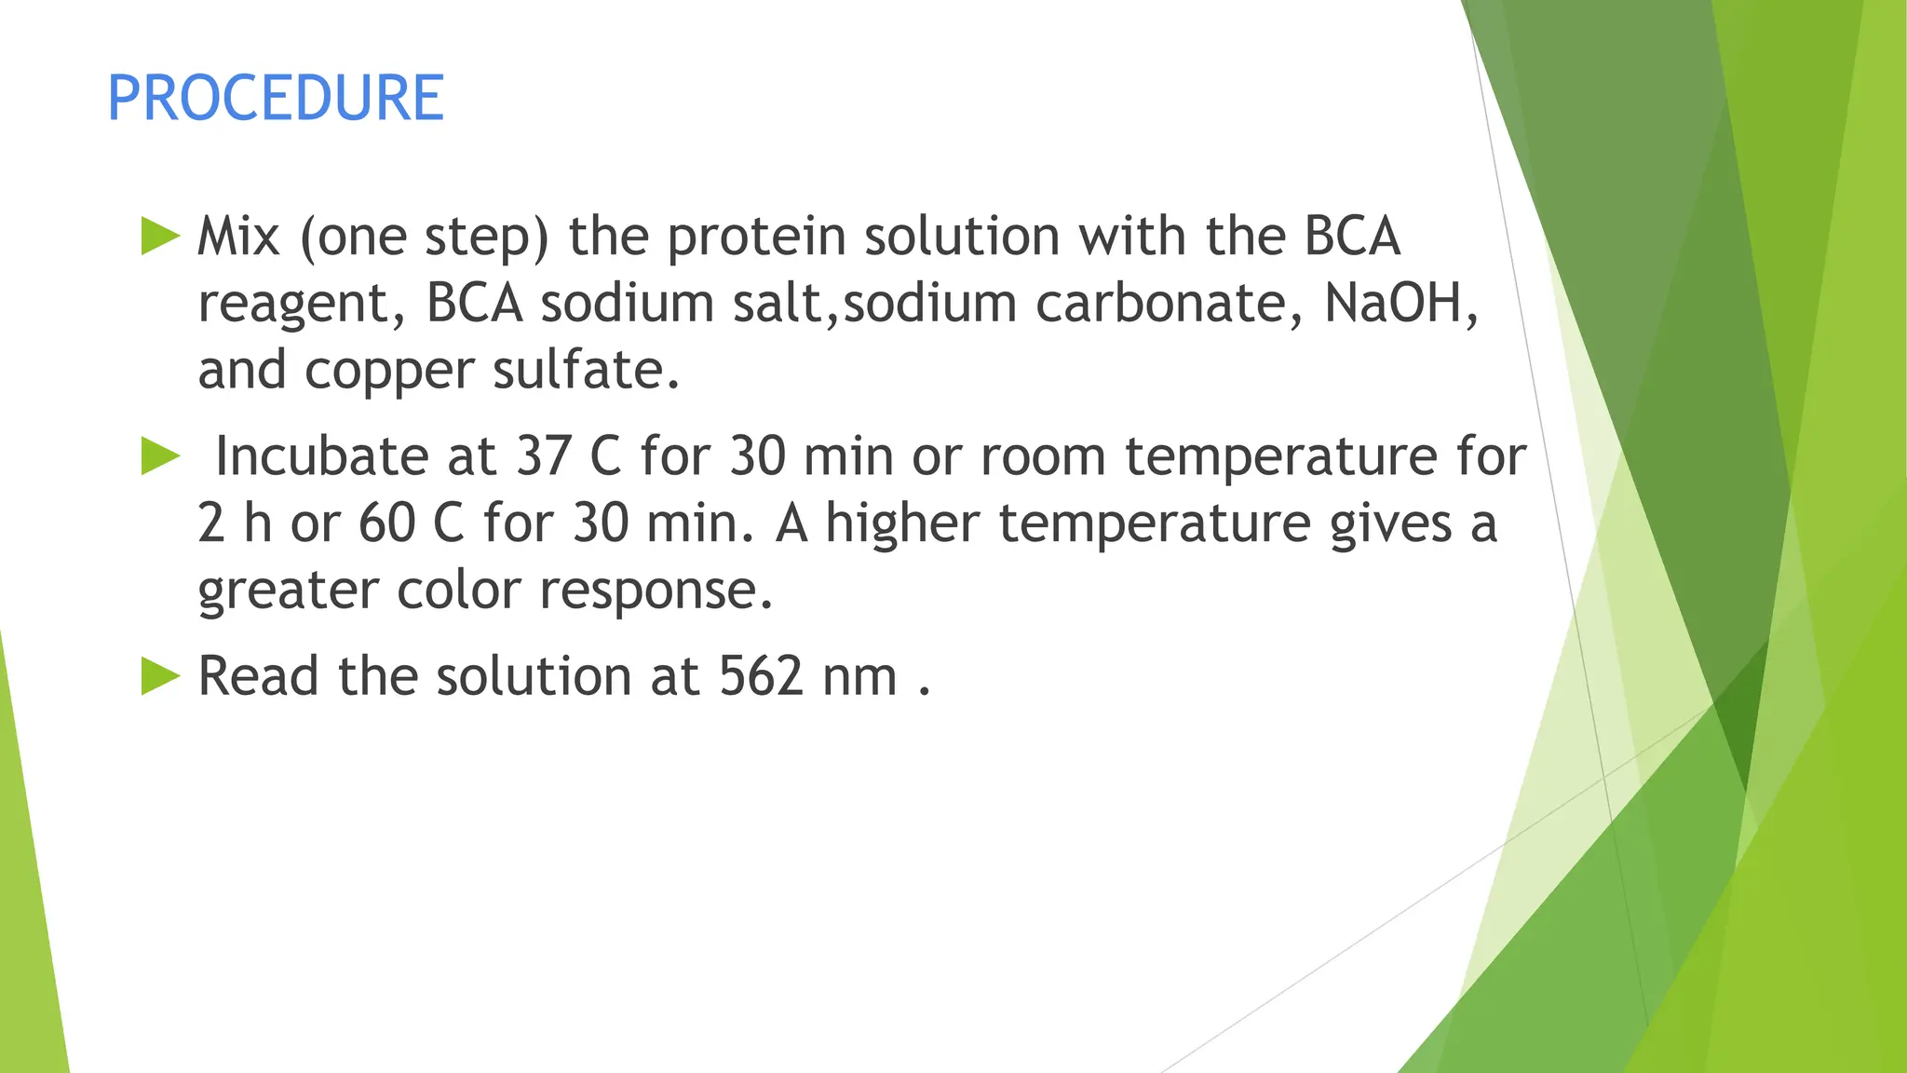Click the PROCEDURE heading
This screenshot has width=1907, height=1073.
(276, 98)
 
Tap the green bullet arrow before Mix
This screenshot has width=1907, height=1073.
(160, 237)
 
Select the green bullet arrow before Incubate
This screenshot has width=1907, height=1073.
(160, 456)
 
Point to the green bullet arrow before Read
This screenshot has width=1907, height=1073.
(160, 676)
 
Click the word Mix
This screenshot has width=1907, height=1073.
(238, 237)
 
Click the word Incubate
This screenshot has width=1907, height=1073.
(322, 456)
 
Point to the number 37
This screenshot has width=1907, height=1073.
(544, 456)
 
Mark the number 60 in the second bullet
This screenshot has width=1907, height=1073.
(386, 523)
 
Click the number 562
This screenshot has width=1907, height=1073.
(760, 676)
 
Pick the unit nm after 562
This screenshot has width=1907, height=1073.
(859, 678)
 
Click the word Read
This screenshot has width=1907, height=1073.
(259, 676)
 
